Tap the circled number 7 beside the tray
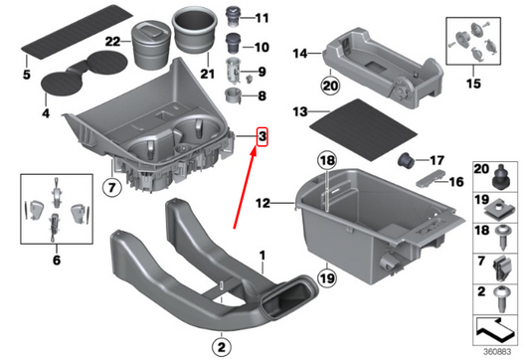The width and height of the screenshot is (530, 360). click(x=111, y=185)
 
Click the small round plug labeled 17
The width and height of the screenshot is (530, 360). click(x=407, y=160)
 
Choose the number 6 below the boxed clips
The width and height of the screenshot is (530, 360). click(x=57, y=260)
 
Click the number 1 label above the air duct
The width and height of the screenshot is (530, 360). click(x=264, y=256)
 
